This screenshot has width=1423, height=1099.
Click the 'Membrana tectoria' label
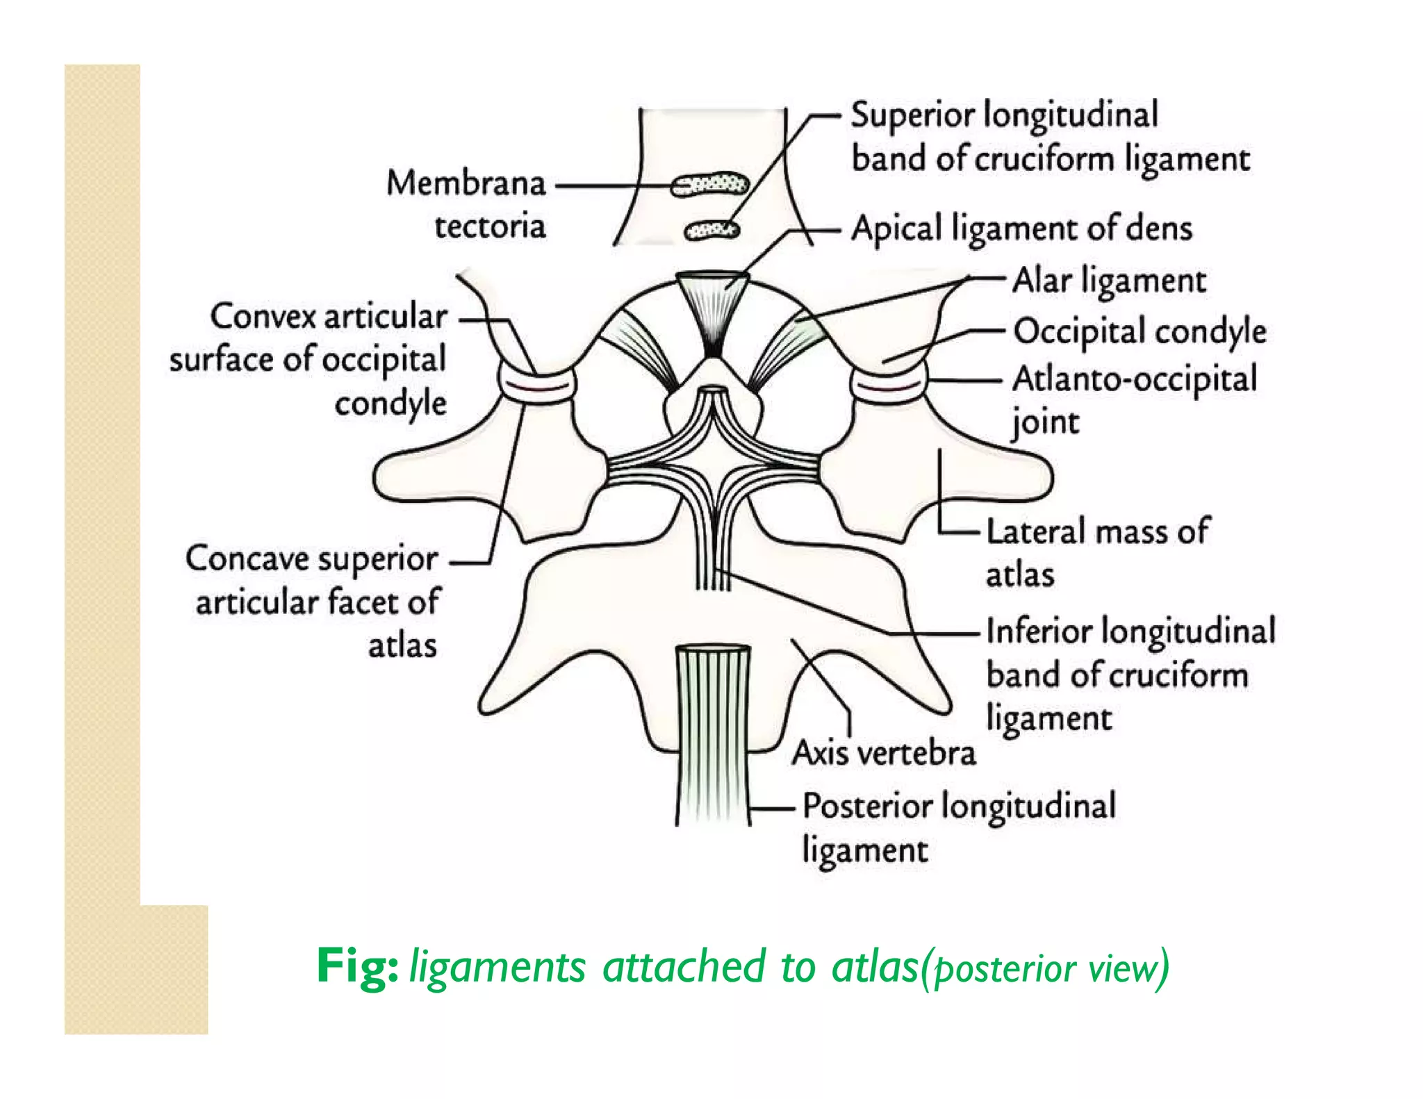[467, 204]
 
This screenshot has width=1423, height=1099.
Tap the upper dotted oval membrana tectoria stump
[709, 186]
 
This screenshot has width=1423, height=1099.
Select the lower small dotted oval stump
[711, 230]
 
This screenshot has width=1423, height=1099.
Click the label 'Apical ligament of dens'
[1021, 228]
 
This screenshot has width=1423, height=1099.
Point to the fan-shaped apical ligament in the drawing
[712, 306]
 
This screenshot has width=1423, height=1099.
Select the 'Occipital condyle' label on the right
[1140, 331]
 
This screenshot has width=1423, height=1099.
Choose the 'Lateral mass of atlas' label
[1098, 552]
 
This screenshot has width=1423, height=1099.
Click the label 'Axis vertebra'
[884, 752]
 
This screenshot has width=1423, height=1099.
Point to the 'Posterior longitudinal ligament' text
[959, 827]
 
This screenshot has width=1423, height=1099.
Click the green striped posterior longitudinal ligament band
[714, 736]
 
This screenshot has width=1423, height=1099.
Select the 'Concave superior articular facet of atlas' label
[313, 602]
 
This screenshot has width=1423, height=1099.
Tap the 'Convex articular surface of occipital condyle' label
[309, 359]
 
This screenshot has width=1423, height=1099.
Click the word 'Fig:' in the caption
[356, 966]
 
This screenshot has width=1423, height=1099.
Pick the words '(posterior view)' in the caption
[1044, 968]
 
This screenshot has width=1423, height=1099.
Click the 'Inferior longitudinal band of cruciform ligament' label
[1130, 674]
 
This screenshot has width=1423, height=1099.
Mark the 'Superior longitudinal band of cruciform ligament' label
[1049, 136]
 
